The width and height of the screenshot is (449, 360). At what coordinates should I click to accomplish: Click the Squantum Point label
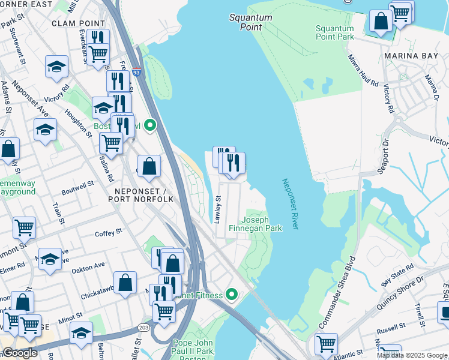click(x=250, y=22)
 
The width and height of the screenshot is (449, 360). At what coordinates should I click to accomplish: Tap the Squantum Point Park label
click(x=334, y=32)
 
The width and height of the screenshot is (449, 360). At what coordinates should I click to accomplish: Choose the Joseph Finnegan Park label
click(x=261, y=224)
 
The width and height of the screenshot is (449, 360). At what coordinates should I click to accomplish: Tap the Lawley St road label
click(x=218, y=210)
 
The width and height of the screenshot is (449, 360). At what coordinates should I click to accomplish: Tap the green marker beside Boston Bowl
click(x=151, y=126)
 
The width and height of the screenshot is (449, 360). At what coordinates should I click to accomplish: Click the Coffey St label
click(x=108, y=231)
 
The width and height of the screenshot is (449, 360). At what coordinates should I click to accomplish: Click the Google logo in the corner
click(x=20, y=353)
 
